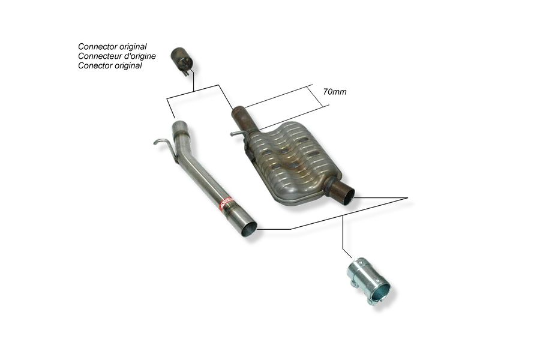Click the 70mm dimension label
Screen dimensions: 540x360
click(335, 92)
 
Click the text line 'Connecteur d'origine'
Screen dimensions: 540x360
click(117, 56)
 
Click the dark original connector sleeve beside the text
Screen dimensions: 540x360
click(182, 61)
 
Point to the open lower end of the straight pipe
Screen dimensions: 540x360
click(248, 229)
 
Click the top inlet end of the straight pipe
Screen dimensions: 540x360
click(178, 125)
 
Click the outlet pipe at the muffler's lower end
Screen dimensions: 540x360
click(343, 194)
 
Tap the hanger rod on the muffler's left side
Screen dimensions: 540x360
click(238, 133)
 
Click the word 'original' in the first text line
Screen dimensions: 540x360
click(133, 47)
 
